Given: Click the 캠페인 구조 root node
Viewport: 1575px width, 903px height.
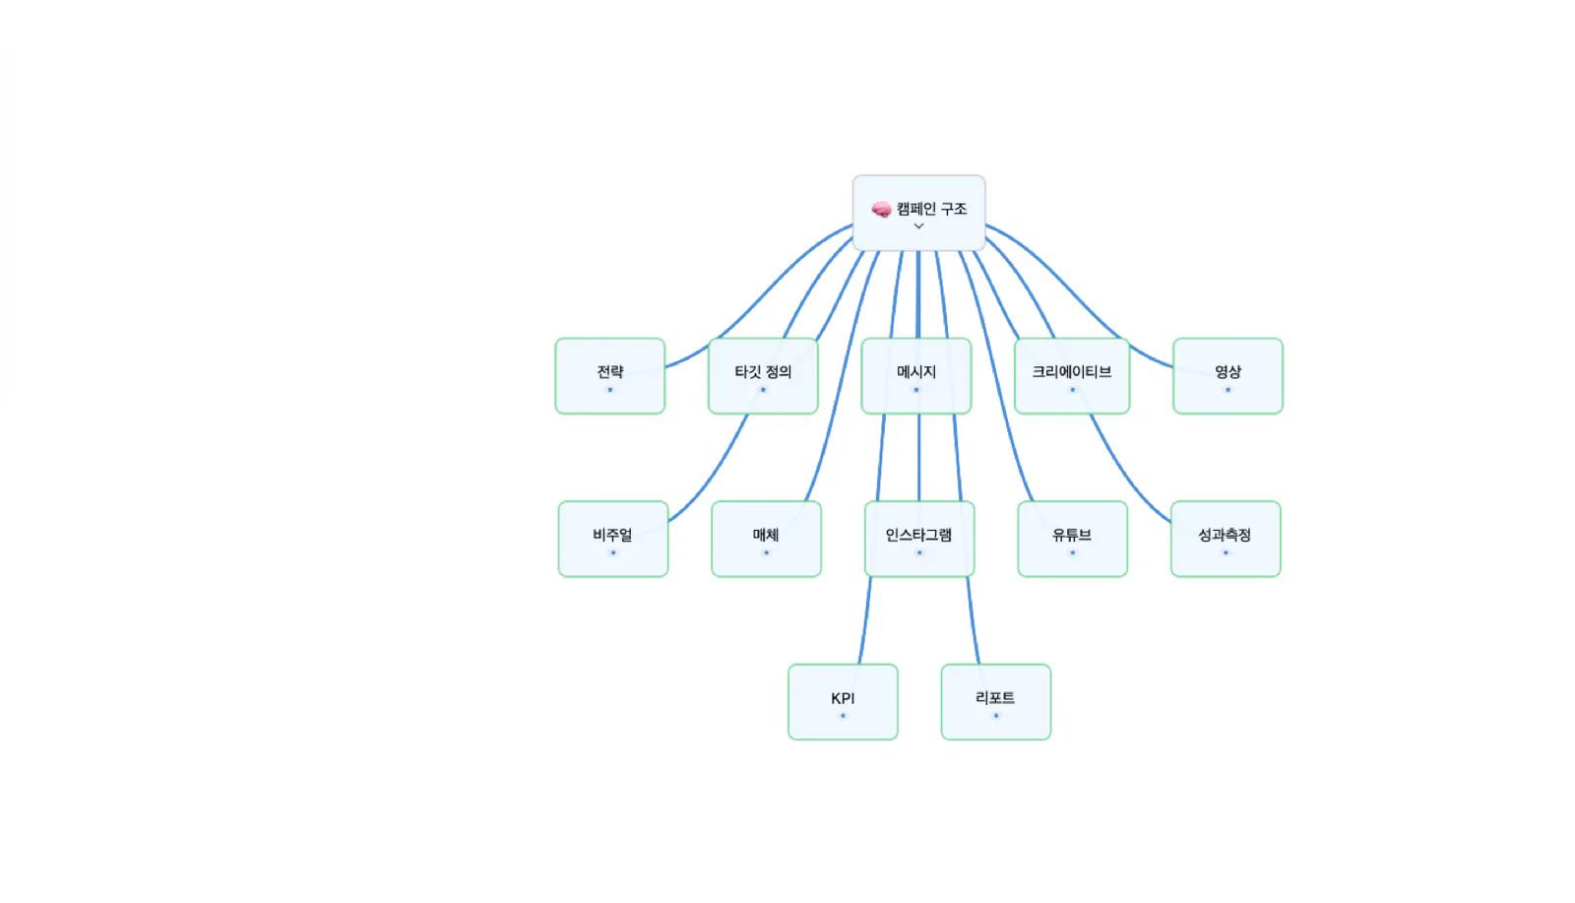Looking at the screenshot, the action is pyautogui.click(x=918, y=213).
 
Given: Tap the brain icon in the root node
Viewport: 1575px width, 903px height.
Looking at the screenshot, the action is pyautogui.click(x=881, y=209).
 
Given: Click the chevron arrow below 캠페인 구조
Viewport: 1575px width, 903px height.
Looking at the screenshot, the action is pyautogui.click(x=918, y=226).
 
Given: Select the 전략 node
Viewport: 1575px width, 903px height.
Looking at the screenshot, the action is pyautogui.click(x=609, y=376).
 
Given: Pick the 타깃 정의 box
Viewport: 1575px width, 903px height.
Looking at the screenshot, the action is pyautogui.click(x=763, y=376).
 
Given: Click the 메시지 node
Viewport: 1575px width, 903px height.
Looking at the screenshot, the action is pyautogui.click(x=916, y=376).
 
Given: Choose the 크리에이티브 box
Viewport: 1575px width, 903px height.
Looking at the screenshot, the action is pyautogui.click(x=1072, y=376).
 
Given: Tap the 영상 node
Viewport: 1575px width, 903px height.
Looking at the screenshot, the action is pyautogui.click(x=1228, y=376).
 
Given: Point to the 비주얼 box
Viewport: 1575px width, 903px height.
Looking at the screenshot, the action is pyautogui.click(x=613, y=540).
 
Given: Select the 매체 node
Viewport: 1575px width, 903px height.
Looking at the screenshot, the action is pyautogui.click(x=767, y=540).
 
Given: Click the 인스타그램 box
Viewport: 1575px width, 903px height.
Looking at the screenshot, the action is pyautogui.click(x=919, y=540).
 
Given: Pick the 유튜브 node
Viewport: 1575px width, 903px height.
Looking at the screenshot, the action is pyautogui.click(x=1072, y=540).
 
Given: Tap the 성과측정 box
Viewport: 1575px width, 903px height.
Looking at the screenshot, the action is pyautogui.click(x=1226, y=540).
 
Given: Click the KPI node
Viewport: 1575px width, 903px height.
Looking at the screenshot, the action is pyautogui.click(x=843, y=702).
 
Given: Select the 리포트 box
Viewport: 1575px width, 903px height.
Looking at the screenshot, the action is pyautogui.click(x=995, y=702).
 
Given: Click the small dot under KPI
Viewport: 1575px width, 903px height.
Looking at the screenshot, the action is pyautogui.click(x=843, y=716).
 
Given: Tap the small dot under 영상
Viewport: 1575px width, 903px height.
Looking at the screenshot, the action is pyautogui.click(x=1228, y=390).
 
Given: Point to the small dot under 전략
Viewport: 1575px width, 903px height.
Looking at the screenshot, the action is pyautogui.click(x=609, y=390).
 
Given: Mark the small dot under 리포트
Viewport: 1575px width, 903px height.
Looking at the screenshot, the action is pyautogui.click(x=995, y=716).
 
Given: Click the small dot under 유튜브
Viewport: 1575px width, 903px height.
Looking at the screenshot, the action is pyautogui.click(x=1072, y=552).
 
